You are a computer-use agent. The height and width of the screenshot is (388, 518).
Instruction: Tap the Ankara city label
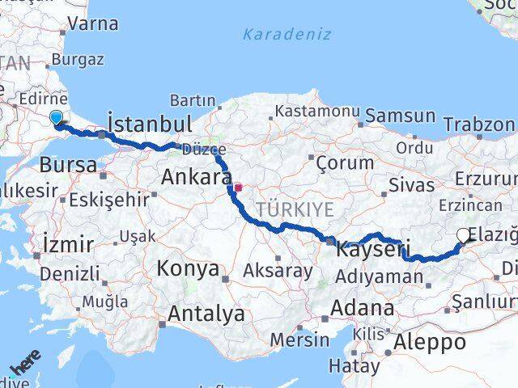(197, 177)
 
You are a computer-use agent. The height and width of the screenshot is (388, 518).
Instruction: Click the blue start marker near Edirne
(56, 119)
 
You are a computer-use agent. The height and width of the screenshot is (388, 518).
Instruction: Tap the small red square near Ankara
(237, 188)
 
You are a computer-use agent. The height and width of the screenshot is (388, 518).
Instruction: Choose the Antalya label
(206, 313)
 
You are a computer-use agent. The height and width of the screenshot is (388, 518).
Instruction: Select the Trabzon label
(479, 124)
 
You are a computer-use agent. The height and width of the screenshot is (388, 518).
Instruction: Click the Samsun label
(399, 116)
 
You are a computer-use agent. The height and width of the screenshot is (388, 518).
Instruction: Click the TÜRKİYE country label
(295, 209)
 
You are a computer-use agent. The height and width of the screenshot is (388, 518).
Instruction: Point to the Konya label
(188, 268)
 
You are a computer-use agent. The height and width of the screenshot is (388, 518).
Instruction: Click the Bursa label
(67, 164)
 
